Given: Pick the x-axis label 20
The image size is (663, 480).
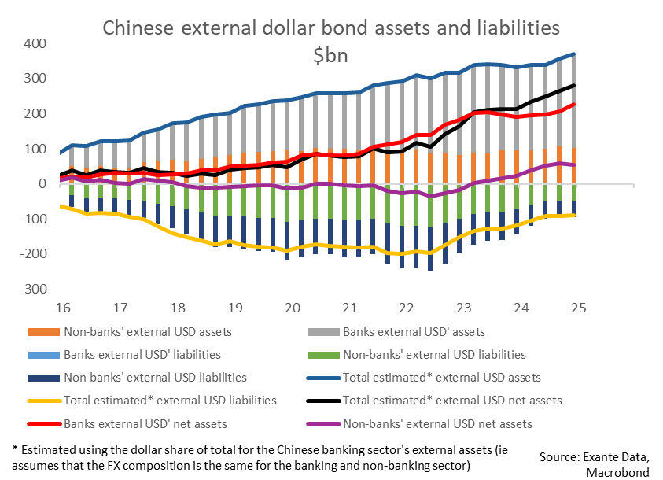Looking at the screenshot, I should click(x=292, y=307).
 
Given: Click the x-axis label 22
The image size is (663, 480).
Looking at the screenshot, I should click(x=407, y=307).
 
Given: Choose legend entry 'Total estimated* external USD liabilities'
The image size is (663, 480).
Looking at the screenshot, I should click(x=169, y=401).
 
